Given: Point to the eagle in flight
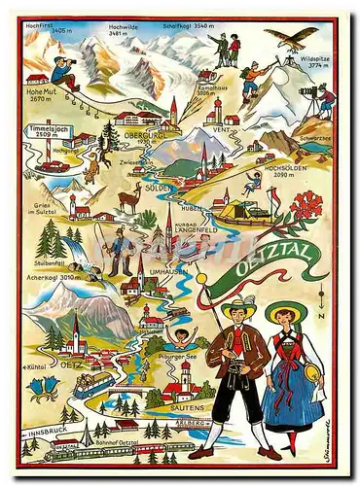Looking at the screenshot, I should (296, 38).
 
